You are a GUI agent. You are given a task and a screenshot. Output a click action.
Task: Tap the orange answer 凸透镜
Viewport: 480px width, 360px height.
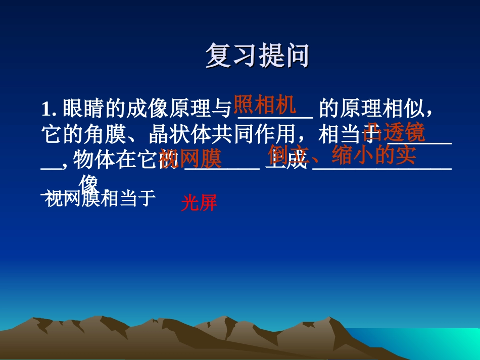coord(395,132)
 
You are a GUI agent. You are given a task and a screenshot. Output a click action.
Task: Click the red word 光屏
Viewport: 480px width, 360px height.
coord(199,203)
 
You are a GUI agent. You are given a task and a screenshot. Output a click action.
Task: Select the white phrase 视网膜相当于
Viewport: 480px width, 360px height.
coord(100,199)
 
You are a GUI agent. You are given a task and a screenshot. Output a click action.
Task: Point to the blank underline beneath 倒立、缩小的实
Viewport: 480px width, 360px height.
coord(381,168)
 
